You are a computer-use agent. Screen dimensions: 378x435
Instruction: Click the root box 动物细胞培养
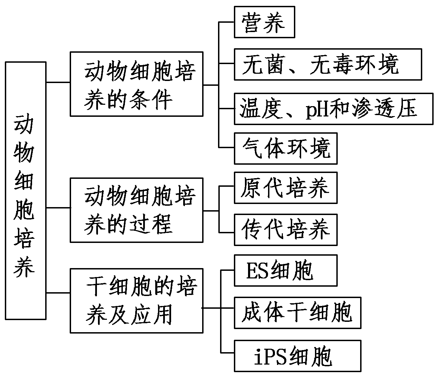(x=26, y=191)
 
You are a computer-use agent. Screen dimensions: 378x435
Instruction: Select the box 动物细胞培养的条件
(x=136, y=84)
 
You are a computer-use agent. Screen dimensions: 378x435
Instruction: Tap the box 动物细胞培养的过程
(x=136, y=210)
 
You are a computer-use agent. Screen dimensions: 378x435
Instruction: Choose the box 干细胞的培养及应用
(x=136, y=300)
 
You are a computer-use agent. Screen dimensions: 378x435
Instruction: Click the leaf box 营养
(x=264, y=22)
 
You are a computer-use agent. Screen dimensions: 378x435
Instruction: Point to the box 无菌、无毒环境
(x=327, y=64)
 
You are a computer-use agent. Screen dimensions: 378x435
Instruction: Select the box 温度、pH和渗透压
(x=333, y=109)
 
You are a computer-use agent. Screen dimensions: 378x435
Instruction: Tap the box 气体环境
(x=285, y=149)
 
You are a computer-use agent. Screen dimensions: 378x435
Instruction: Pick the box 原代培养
(x=285, y=188)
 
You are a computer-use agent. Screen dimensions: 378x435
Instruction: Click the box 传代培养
(x=285, y=229)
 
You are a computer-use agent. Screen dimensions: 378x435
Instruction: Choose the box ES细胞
(x=285, y=270)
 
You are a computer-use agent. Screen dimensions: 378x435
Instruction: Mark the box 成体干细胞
(x=297, y=313)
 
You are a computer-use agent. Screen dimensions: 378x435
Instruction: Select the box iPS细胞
(x=297, y=356)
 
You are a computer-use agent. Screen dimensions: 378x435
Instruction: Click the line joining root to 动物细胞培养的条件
(x=58, y=82)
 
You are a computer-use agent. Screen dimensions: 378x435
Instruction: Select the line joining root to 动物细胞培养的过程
(x=58, y=208)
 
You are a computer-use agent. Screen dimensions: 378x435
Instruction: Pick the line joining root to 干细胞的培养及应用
(x=58, y=293)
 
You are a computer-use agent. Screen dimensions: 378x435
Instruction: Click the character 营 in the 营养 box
(x=253, y=22)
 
